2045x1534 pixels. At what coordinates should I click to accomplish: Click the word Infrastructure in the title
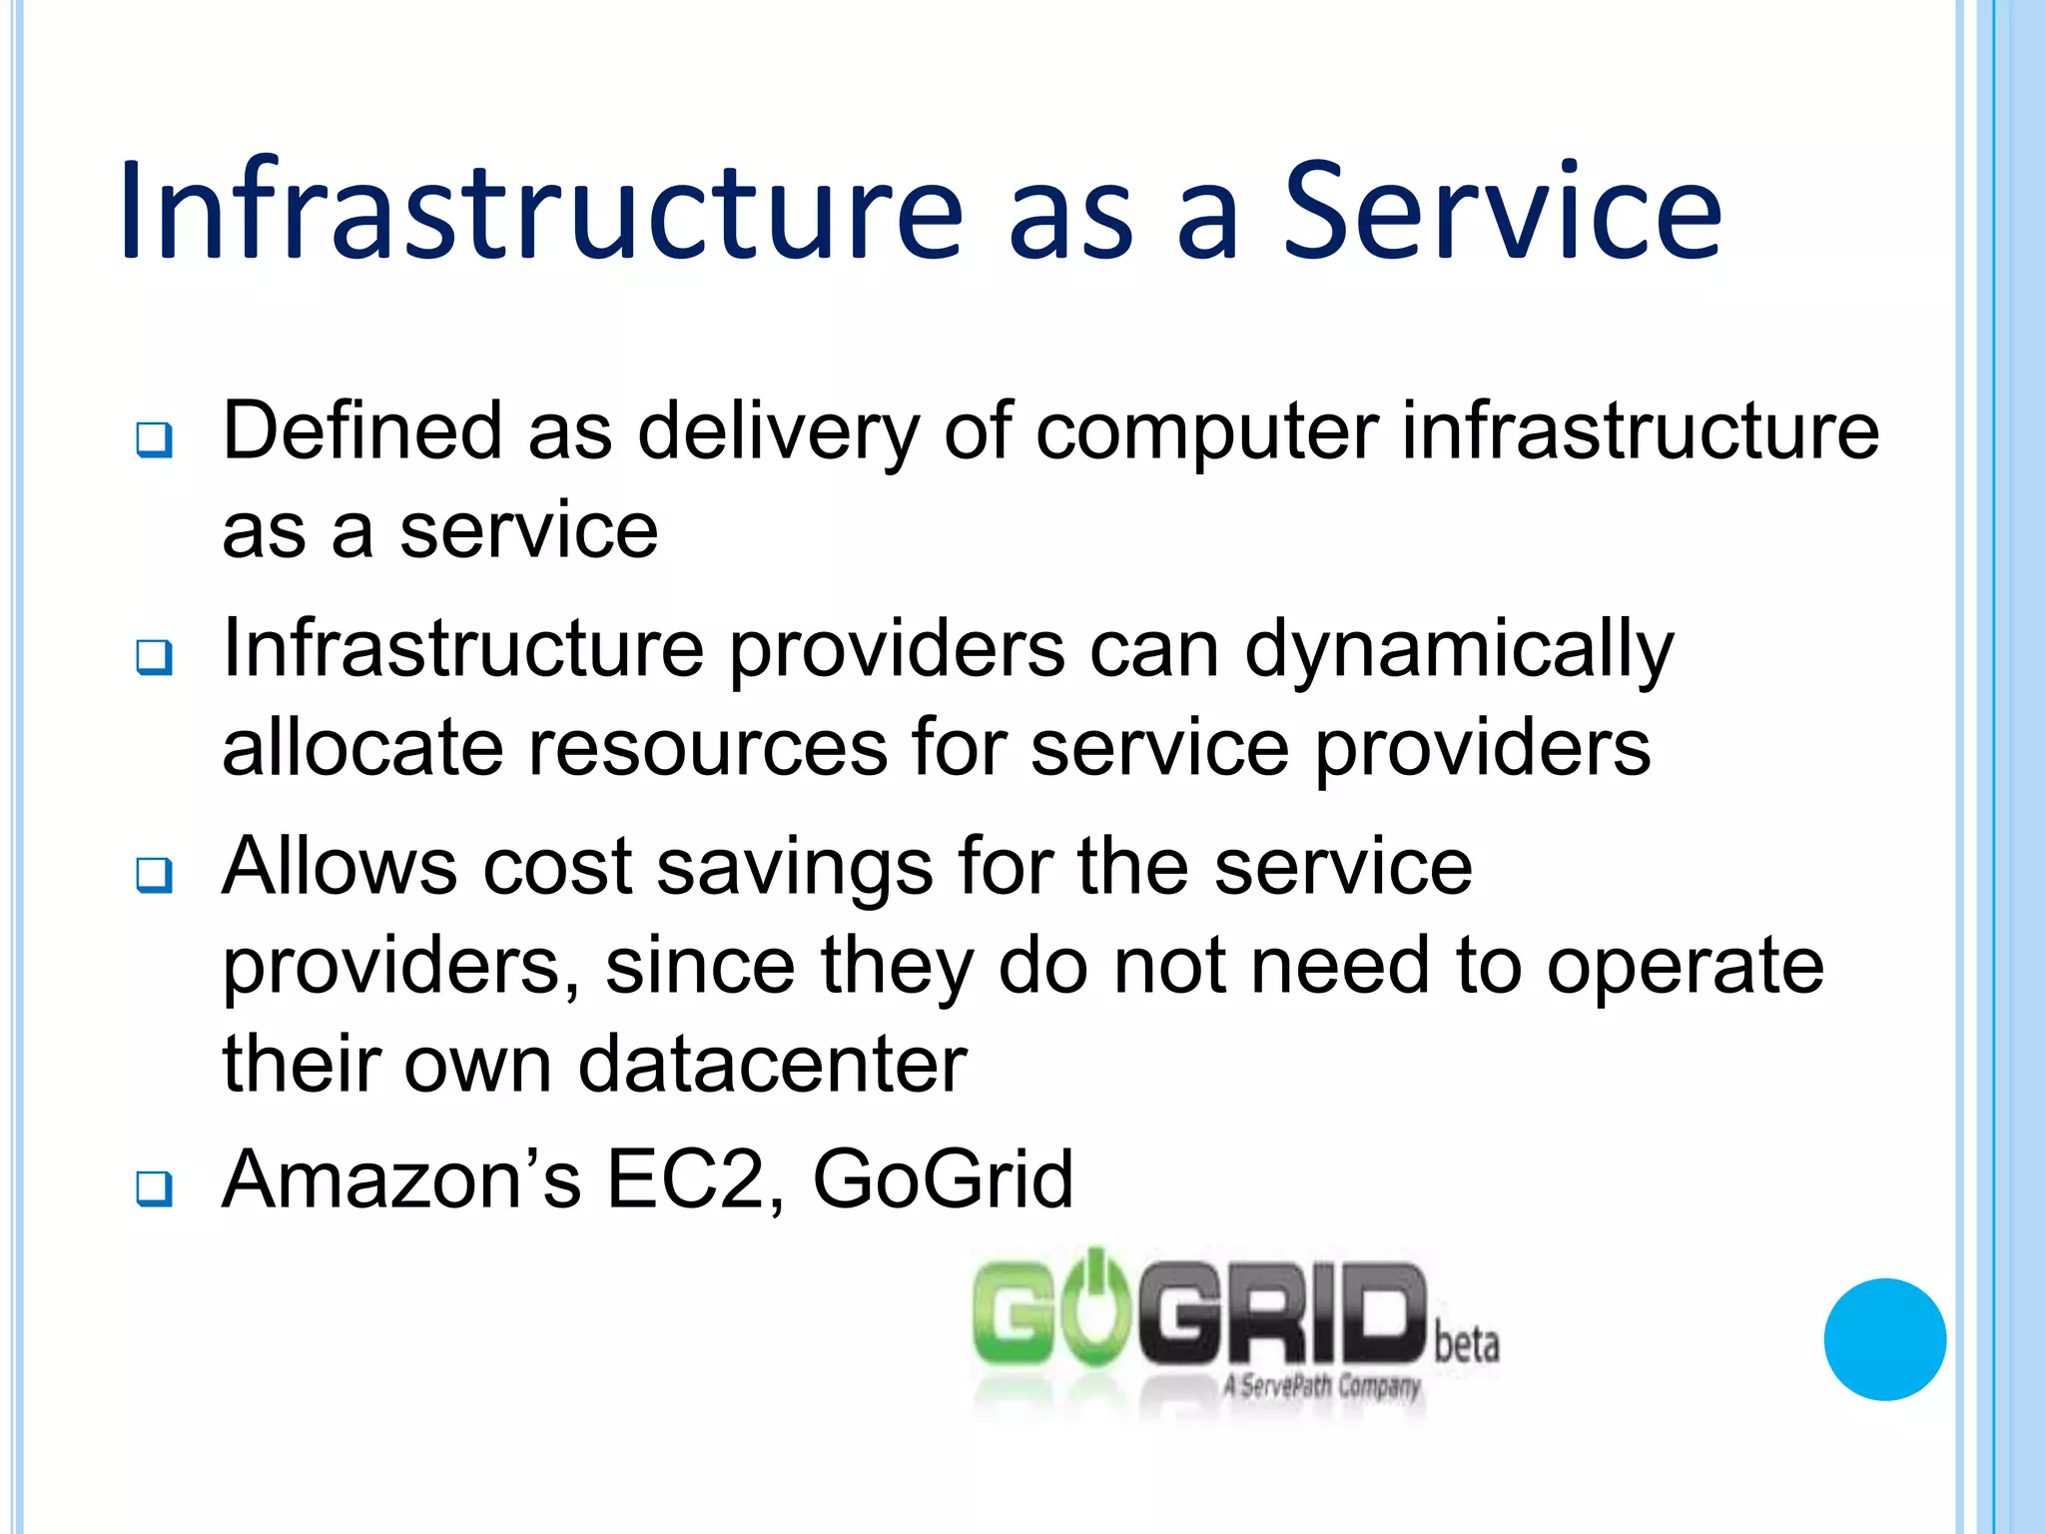tap(540, 211)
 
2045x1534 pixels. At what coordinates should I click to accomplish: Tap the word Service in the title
tap(1502, 211)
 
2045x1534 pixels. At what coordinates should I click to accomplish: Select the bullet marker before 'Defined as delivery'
tap(155, 439)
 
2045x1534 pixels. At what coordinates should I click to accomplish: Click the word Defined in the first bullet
tap(361, 431)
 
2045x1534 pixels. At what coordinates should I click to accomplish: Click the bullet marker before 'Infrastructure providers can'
tap(155, 657)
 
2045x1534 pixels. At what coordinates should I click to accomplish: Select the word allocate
tap(362, 748)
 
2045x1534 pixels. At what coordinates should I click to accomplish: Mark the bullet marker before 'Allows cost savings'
tap(155, 875)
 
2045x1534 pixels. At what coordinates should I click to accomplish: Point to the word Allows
tap(340, 867)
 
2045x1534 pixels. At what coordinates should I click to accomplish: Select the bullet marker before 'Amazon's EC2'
tap(155, 1188)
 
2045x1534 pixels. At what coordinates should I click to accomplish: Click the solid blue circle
tap(1884, 1339)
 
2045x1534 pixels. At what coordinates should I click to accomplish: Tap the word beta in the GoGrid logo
tap(1467, 1344)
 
